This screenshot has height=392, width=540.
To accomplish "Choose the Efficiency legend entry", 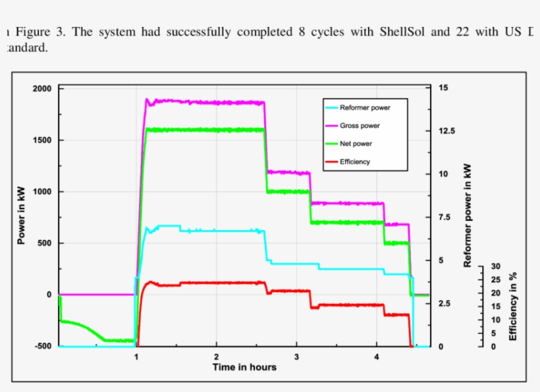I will coord(354,161).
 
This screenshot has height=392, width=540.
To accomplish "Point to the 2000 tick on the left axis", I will coord(42,89).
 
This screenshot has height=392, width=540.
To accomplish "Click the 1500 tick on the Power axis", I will coord(42,140).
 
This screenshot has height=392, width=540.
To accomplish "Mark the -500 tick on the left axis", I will coord(43,346).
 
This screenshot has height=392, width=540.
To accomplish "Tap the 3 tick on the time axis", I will coord(296,356).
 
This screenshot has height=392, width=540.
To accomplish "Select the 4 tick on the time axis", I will coord(377,356).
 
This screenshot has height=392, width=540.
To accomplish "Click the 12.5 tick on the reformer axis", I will coord(446,131).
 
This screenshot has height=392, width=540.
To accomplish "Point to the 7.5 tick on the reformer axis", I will coord(445,218).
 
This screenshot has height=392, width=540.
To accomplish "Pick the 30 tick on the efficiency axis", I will coord(495,266).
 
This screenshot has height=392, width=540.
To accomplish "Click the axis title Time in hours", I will coord(244,367).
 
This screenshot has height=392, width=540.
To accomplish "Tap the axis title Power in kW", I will coord(21,217).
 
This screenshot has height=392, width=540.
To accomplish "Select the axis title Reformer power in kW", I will coord(468,215).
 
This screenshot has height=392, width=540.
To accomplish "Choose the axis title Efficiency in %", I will coord(513,306).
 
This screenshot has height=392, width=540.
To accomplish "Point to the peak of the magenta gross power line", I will coord(148,99).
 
